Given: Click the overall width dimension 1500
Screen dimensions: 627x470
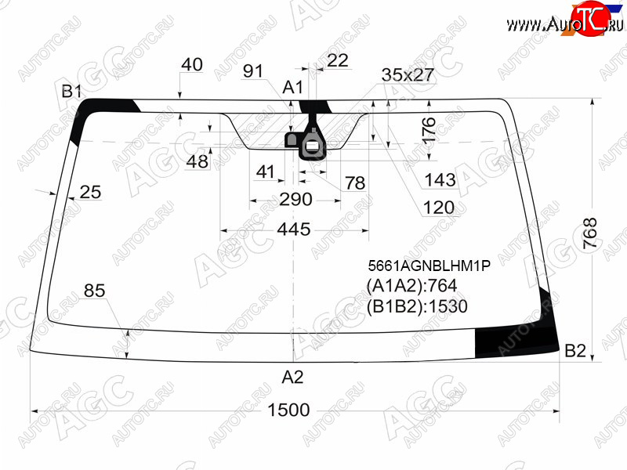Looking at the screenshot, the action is tap(288, 410).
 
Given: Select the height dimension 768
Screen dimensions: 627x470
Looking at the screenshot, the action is tap(590, 233).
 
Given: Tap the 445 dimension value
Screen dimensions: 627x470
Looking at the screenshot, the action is tap(294, 230).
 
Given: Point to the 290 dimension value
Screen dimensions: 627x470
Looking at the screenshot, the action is tap(295, 199).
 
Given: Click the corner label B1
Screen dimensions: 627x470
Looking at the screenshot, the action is tap(71, 92).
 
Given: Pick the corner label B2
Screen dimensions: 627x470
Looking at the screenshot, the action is tap(575, 350).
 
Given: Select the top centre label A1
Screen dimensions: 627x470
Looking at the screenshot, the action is tap(293, 87).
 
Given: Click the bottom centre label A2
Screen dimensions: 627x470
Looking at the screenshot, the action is tap(292, 377).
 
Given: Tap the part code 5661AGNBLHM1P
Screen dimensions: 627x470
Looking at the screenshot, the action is tap(429, 266).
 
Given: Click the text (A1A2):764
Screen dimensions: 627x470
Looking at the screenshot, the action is tap(411, 286).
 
